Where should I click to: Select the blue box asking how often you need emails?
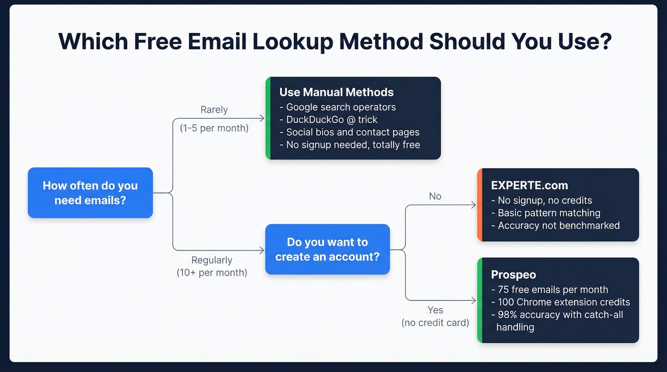click(90, 193)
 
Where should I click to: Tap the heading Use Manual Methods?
click(336, 92)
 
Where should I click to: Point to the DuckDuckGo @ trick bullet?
click(332, 120)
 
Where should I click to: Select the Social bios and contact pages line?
click(353, 132)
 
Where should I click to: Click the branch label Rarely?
click(214, 110)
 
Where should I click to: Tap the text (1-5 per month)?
click(214, 128)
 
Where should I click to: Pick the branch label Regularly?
click(212, 260)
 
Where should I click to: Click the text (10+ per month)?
click(212, 273)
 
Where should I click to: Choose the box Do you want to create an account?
click(327, 249)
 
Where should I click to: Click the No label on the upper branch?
click(435, 196)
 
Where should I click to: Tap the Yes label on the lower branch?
click(435, 310)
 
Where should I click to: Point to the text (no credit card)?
click(435, 323)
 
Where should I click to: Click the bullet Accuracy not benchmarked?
click(558, 225)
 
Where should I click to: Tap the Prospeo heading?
click(513, 275)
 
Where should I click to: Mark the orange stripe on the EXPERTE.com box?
click(480, 205)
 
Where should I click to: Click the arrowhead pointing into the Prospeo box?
click(474, 301)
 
